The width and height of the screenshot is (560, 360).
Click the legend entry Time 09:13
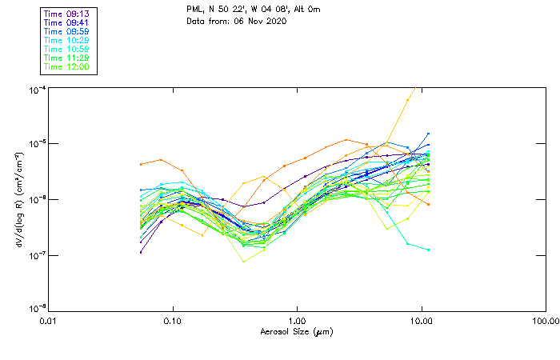pyautogui.click(x=67, y=14)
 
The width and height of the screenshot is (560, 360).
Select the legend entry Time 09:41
pyautogui.click(x=67, y=22)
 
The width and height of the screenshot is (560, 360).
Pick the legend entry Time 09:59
pyautogui.click(x=67, y=31)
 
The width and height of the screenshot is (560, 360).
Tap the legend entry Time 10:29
pyautogui.click(x=67, y=40)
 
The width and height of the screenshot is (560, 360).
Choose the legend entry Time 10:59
pyautogui.click(x=67, y=49)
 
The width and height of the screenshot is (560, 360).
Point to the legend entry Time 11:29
pyautogui.click(x=67, y=58)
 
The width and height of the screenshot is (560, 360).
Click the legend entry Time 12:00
pyautogui.click(x=67, y=66)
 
